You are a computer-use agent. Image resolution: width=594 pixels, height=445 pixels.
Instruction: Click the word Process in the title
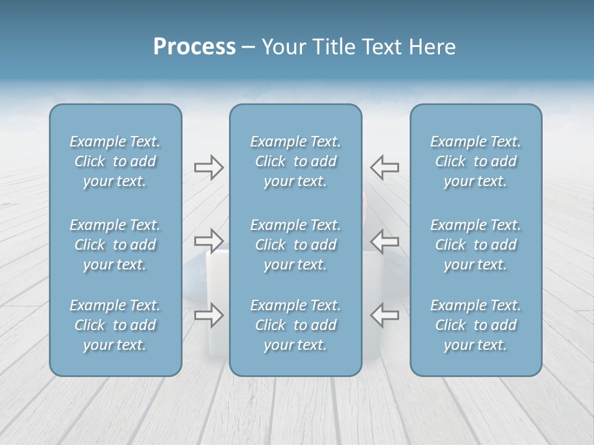(x=194, y=47)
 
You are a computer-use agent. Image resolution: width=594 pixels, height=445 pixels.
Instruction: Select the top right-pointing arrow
(x=209, y=167)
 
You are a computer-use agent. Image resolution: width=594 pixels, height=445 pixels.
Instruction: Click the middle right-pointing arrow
(x=209, y=240)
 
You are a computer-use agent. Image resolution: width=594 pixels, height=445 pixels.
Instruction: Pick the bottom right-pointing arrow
(x=209, y=315)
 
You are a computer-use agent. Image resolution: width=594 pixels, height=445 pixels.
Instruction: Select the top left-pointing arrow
(x=384, y=167)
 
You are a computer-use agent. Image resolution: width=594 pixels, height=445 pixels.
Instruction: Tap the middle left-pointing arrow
(x=384, y=240)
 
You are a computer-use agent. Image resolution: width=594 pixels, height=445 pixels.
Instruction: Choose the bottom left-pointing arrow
(x=384, y=315)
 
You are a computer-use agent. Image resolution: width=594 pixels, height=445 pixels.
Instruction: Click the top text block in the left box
(x=115, y=161)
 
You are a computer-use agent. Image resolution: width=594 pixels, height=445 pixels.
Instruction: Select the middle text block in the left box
(x=115, y=245)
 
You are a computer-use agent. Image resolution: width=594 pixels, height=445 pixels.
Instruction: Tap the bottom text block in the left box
(x=115, y=325)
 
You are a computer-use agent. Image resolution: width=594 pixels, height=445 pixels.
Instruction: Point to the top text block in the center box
(x=295, y=161)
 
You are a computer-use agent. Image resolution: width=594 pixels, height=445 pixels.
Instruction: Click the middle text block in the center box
(x=295, y=245)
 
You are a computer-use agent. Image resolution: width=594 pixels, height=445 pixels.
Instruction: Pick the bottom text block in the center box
(x=295, y=325)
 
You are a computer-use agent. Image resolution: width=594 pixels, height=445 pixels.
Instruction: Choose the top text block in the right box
(x=475, y=161)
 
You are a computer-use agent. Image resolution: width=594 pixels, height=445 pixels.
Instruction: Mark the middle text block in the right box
(x=475, y=245)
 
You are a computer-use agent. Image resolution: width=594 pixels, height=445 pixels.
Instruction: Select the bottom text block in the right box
(x=475, y=325)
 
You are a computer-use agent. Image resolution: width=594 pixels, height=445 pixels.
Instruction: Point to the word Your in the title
(x=282, y=47)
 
